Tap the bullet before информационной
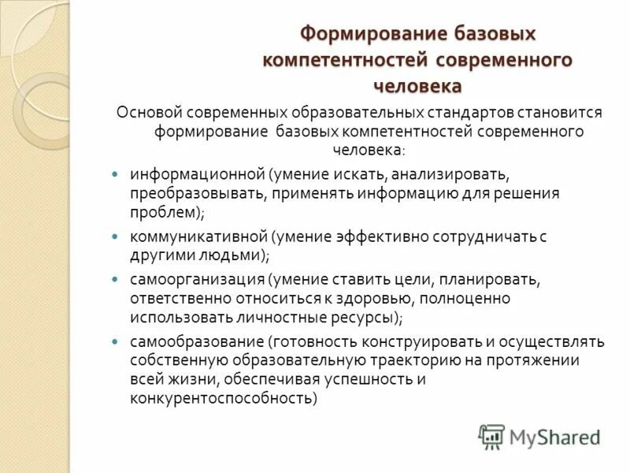point(116,172)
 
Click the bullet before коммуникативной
point(116,236)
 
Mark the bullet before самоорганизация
point(116,279)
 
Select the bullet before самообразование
point(116,341)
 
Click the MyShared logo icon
point(492,436)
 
